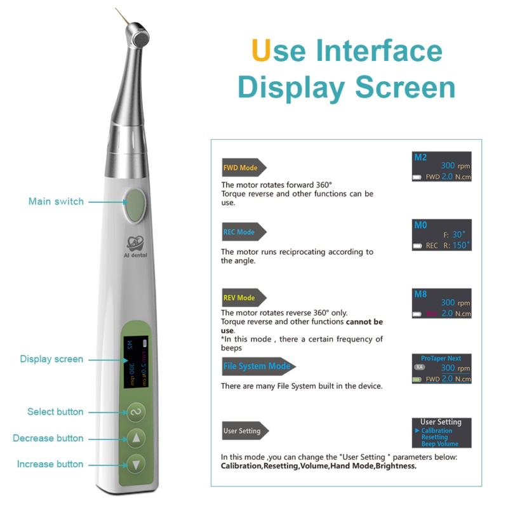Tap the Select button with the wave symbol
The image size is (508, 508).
pos(135,412)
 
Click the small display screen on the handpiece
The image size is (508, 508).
pos(135,361)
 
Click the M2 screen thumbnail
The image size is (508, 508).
pos(442,167)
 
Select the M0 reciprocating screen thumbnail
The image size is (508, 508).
pos(442,235)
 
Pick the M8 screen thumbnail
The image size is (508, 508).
pos(442,304)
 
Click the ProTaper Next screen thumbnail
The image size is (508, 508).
pos(442,369)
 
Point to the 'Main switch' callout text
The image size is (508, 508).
pos(56,201)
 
